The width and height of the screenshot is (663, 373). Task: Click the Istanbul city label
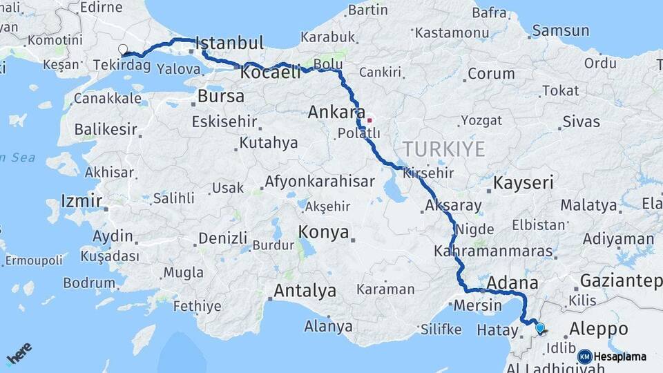[231, 44]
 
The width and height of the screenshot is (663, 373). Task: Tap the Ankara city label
[337, 112]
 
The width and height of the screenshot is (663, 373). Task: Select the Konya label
[324, 232]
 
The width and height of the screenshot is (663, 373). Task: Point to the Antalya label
[305, 291]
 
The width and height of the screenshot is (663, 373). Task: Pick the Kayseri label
[523, 183]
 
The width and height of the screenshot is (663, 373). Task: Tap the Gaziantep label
[621, 280]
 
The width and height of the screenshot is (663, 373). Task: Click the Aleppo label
[598, 329]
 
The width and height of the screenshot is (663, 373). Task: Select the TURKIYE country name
[444, 149]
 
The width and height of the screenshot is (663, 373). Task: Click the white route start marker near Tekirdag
[123, 49]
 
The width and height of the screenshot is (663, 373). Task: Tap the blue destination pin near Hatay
[540, 328]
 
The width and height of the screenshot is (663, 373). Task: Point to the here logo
[19, 354]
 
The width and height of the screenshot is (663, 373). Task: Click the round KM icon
[584, 356]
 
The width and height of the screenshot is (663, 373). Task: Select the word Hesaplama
[620, 356]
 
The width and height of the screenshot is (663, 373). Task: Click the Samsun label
[561, 30]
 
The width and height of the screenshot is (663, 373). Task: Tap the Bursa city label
[221, 96]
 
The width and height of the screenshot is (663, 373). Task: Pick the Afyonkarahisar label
[320, 182]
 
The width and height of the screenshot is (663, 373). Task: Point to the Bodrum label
[89, 283]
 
